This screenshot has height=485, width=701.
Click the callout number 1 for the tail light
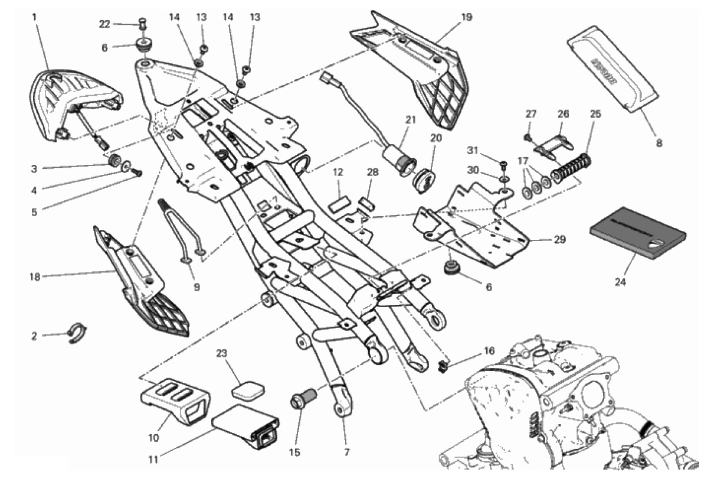pos(34,17)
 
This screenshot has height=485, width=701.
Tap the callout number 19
pos(466,17)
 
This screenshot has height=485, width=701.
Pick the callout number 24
pos(618,282)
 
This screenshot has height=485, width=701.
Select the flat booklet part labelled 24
pos(637,233)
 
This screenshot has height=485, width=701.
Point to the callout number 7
pos(346,453)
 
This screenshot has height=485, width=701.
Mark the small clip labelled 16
pos(443,366)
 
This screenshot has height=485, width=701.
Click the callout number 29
pos(559,240)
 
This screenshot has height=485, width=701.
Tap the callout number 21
pos(410,120)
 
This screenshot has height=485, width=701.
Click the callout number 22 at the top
pos(104,24)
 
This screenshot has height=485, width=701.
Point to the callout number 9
pos(196,288)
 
